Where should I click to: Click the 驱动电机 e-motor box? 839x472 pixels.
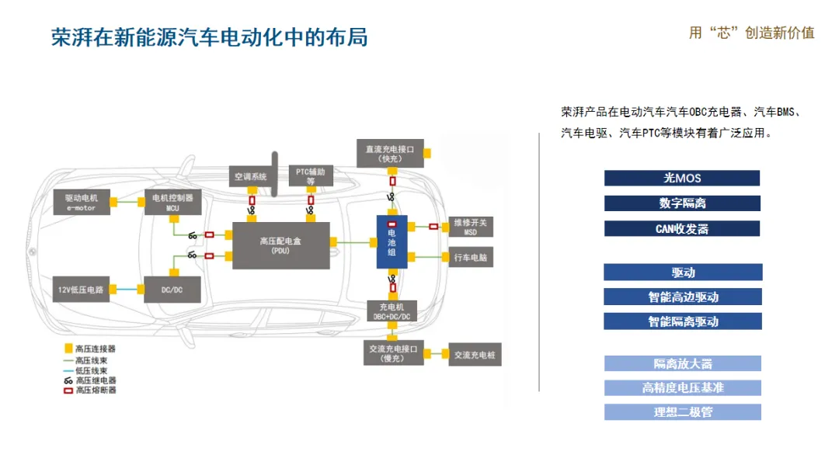click(x=81, y=202)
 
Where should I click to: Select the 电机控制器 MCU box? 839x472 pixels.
click(x=173, y=202)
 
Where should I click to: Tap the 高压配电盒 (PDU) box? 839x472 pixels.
click(x=280, y=245)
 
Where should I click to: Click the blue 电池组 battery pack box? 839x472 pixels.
click(x=392, y=243)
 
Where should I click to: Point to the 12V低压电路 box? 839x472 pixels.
click(x=81, y=289)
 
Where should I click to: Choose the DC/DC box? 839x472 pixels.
click(x=172, y=289)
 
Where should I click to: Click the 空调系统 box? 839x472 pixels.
click(x=251, y=177)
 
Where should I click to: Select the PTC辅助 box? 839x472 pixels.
click(x=311, y=175)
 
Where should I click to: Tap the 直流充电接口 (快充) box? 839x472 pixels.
click(x=389, y=152)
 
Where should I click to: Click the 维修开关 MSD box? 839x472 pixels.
click(x=471, y=227)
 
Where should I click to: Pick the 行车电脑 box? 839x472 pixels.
click(x=471, y=257)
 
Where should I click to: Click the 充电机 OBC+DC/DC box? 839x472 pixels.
click(x=392, y=311)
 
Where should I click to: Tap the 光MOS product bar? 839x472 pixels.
click(x=681, y=178)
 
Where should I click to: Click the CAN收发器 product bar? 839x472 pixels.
click(x=681, y=229)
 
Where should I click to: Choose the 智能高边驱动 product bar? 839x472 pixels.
click(x=683, y=297)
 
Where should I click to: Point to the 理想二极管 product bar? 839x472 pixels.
click(x=682, y=412)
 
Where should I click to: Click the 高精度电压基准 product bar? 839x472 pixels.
click(x=682, y=387)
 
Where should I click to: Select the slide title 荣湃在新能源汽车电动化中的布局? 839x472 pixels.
click(x=210, y=37)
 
